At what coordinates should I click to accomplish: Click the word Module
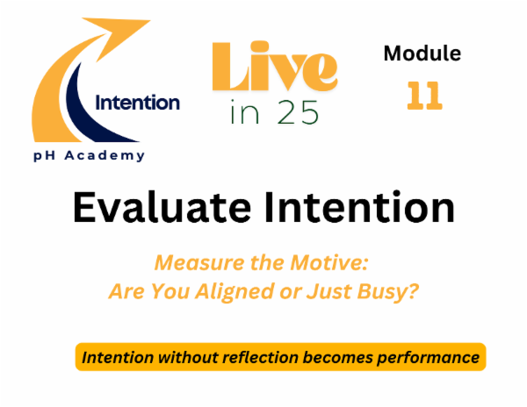(422, 54)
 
